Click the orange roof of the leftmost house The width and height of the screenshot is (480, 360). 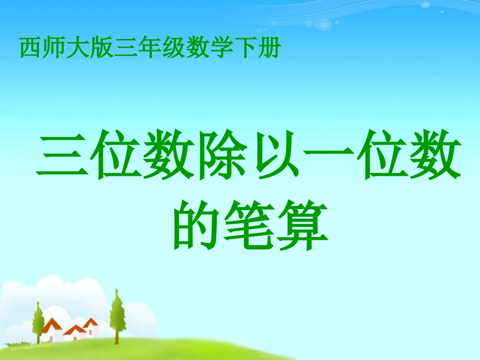tap(51, 325)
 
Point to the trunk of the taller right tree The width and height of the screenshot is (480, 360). tap(117, 336)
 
